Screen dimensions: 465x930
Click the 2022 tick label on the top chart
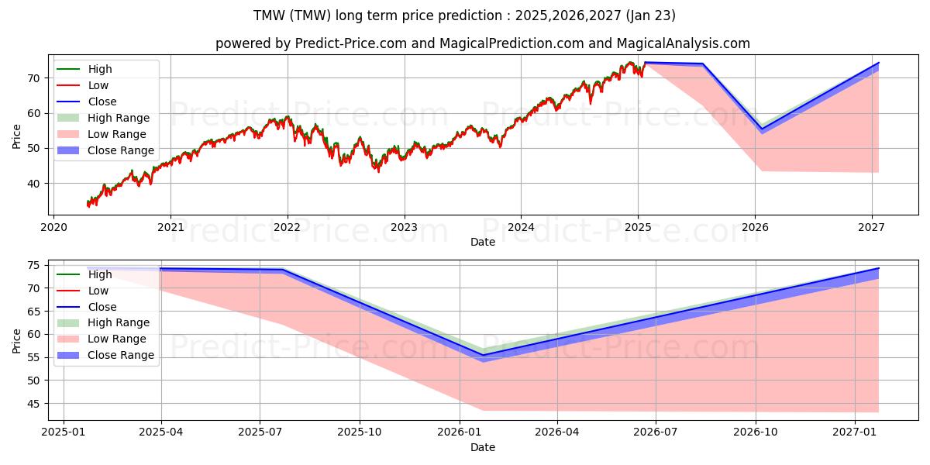288,227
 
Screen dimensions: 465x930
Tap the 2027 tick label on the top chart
872,227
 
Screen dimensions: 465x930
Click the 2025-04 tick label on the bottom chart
161,432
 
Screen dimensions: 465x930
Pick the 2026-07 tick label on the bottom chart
656,432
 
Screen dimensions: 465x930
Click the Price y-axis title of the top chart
16,136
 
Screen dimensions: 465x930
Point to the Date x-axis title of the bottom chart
482,447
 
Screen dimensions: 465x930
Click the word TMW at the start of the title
268,15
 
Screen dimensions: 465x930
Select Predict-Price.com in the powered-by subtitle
351,43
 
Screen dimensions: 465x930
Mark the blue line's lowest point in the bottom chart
484,356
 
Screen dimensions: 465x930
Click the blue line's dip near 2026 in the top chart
761,129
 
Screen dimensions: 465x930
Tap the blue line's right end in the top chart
879,63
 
